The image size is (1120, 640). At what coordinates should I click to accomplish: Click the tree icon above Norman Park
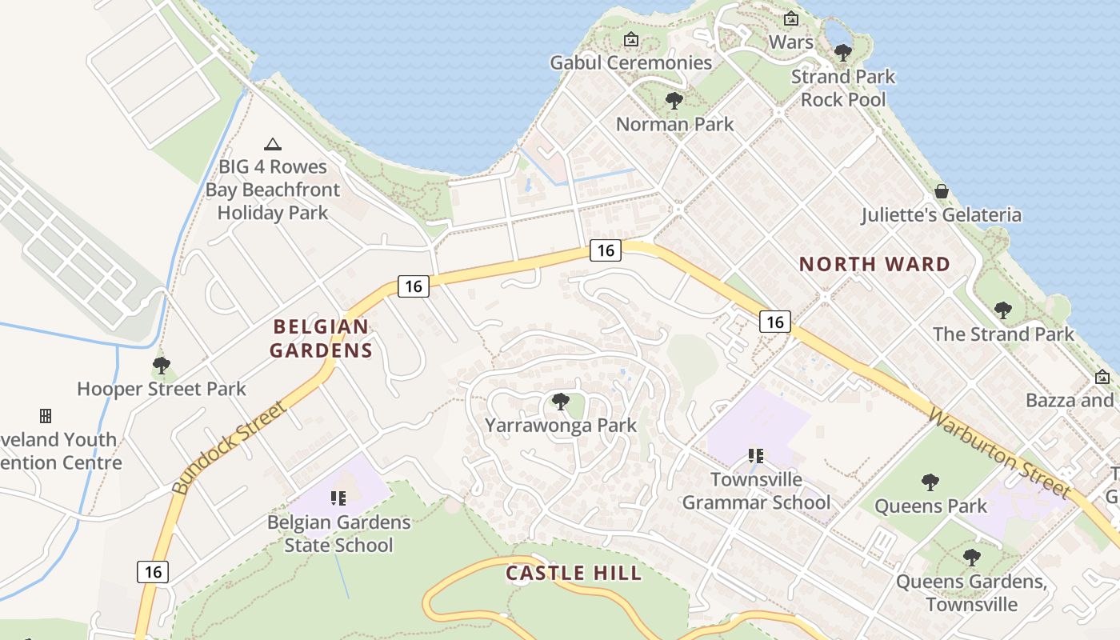pyautogui.click(x=674, y=101)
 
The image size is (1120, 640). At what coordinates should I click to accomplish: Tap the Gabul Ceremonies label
pyautogui.click(x=630, y=62)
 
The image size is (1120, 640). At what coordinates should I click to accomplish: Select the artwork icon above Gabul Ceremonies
pyautogui.click(x=631, y=38)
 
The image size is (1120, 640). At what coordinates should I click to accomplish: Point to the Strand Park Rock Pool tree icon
pyautogui.click(x=842, y=53)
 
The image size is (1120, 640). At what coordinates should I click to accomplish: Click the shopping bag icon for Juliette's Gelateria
pyautogui.click(x=942, y=191)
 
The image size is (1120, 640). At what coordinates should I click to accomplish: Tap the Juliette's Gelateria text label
pyautogui.click(x=941, y=215)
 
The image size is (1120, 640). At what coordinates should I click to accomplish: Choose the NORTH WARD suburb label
pyautogui.click(x=874, y=264)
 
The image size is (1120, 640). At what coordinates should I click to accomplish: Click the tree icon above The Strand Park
pyautogui.click(x=1002, y=310)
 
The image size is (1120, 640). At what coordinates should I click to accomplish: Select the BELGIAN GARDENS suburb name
pyautogui.click(x=321, y=338)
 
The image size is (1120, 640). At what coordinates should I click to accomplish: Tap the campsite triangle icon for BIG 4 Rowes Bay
pyautogui.click(x=273, y=144)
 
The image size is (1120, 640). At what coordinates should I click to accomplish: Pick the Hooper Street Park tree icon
pyautogui.click(x=161, y=366)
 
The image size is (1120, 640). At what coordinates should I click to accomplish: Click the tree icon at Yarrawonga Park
pyautogui.click(x=560, y=401)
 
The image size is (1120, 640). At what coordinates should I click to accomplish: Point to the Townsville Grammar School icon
pyautogui.click(x=755, y=456)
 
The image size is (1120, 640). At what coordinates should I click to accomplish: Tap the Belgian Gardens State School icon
pyautogui.click(x=338, y=498)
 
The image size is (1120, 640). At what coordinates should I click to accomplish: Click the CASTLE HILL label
pyautogui.click(x=574, y=573)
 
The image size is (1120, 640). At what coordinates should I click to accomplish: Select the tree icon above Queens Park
pyautogui.click(x=930, y=482)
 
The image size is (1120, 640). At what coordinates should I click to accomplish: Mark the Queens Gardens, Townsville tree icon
pyautogui.click(x=971, y=557)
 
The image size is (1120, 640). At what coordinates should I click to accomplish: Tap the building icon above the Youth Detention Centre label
pyautogui.click(x=46, y=416)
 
